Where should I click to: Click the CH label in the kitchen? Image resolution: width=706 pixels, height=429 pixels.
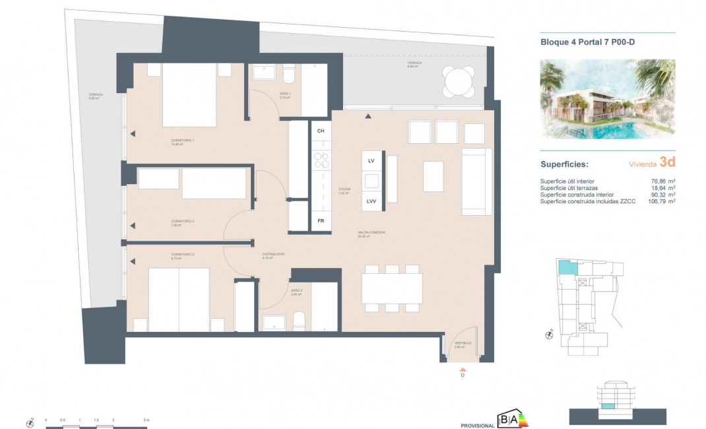click(x=321, y=131)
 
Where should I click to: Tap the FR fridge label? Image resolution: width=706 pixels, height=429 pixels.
click(x=321, y=221)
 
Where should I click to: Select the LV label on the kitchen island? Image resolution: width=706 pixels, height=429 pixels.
click(x=371, y=161)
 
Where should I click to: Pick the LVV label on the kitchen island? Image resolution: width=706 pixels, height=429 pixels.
click(x=371, y=201)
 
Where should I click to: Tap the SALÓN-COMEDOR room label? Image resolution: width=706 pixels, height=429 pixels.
click(x=371, y=232)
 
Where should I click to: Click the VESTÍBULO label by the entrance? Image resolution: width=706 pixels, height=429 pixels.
click(x=463, y=343)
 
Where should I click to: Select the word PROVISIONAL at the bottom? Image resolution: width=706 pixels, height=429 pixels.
click(x=477, y=425)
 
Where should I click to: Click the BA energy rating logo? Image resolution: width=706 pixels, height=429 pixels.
click(x=513, y=419)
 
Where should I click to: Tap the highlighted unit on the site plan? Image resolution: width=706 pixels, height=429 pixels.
click(x=566, y=267)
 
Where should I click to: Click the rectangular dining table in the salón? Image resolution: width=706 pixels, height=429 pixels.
click(x=392, y=288)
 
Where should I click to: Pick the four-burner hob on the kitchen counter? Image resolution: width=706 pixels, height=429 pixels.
click(x=321, y=160)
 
